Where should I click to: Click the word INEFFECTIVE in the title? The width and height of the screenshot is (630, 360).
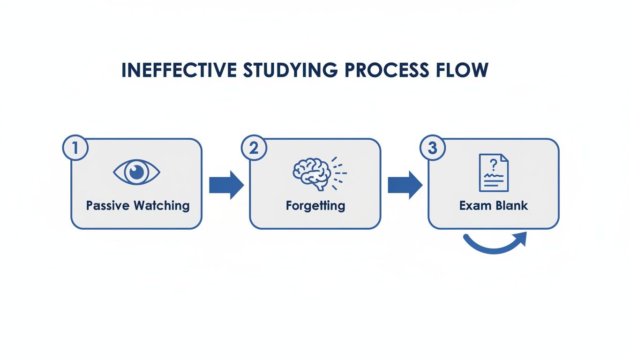pyautogui.click(x=179, y=70)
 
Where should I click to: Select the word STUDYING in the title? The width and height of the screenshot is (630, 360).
pyautogui.click(x=290, y=70)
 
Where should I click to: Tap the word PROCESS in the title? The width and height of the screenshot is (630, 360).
pyautogui.click(x=387, y=70)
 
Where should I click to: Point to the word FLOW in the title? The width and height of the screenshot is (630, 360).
pyautogui.click(x=462, y=70)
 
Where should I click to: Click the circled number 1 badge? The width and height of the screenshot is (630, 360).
pyautogui.click(x=75, y=148)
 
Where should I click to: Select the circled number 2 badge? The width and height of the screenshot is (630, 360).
pyautogui.click(x=254, y=148)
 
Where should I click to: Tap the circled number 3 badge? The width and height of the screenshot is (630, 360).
pyautogui.click(x=433, y=148)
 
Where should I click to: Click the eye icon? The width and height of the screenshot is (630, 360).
pyautogui.click(x=137, y=172)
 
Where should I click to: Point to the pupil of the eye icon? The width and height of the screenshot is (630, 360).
pyautogui.click(x=137, y=172)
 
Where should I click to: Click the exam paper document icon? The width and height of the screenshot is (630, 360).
pyautogui.click(x=494, y=172)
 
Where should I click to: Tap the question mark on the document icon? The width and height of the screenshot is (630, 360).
pyautogui.click(x=493, y=165)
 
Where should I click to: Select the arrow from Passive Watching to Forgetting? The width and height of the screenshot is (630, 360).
pyautogui.click(x=226, y=185)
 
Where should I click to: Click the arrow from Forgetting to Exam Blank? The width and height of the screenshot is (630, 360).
pyautogui.click(x=405, y=185)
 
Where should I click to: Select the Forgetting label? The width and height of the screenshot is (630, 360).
pyautogui.click(x=315, y=206)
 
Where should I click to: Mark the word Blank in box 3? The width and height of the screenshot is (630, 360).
pyautogui.click(x=511, y=206)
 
